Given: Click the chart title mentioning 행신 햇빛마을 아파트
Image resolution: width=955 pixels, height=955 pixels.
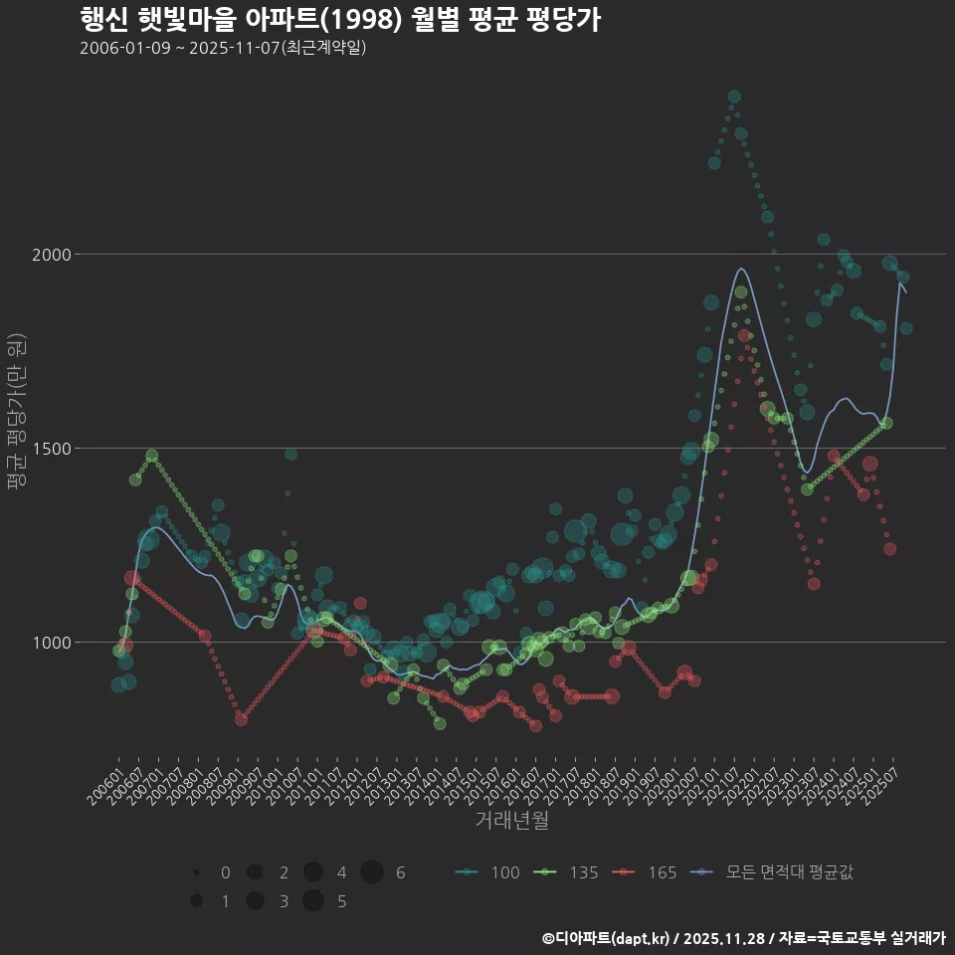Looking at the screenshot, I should point(339,19).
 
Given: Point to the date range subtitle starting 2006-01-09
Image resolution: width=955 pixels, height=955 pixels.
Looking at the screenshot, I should point(223,48).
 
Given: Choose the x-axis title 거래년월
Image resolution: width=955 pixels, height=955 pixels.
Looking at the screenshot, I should point(511,820).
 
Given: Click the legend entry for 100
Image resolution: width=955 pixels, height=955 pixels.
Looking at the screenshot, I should point(487,872).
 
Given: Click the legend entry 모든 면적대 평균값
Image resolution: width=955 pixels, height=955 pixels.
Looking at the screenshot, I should point(776,872).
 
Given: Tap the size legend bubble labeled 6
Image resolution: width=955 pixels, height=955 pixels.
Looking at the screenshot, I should point(372,872).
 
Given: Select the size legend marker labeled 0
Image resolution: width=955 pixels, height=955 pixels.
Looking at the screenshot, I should point(197,872).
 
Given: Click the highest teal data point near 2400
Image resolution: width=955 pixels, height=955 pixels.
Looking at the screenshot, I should point(734,96).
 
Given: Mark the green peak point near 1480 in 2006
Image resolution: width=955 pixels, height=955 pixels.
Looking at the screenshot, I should point(152,456).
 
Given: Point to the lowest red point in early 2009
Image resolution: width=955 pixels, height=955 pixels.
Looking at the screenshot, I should point(241,718).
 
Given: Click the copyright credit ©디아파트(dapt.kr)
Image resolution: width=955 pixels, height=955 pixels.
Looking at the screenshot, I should point(607,938).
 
